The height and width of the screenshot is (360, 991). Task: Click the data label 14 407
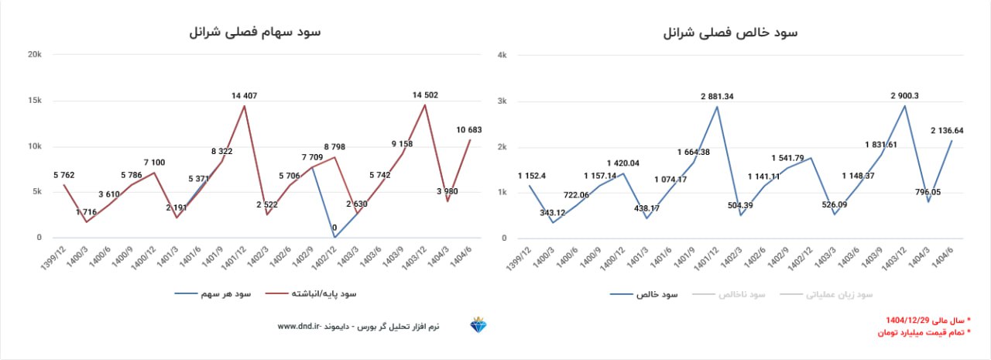244,96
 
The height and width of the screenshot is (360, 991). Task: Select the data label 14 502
425,95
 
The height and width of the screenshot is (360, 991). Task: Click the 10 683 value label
469,129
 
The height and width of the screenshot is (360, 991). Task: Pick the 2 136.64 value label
948,130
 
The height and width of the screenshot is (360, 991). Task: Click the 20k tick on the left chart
34,55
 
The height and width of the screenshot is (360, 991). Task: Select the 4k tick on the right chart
502,55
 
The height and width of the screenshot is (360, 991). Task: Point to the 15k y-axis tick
34,101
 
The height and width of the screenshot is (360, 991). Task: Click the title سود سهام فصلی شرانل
255,33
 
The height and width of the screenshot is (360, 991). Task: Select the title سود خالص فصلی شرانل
731,33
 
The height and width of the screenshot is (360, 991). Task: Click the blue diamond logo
477,326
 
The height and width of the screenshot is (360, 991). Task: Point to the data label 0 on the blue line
334,228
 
